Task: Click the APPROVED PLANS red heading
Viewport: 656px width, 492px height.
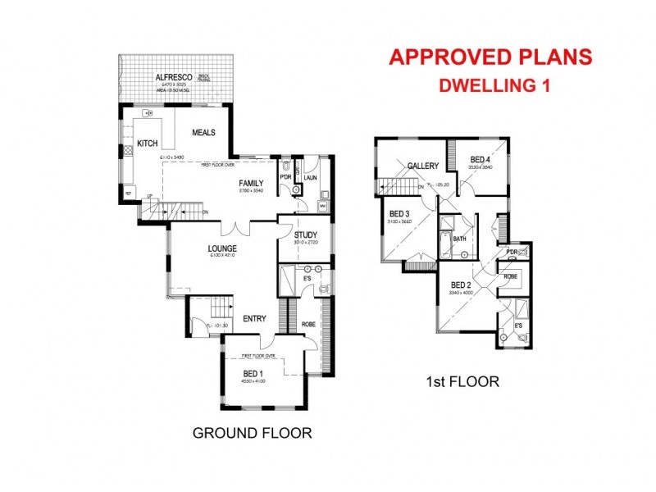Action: coord(490,57)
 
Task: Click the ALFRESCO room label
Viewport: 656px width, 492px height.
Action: coord(173,79)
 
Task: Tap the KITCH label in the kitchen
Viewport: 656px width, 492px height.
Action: coord(147,143)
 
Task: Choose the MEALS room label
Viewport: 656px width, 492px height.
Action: coord(203,132)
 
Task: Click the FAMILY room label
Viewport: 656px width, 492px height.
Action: coord(251,183)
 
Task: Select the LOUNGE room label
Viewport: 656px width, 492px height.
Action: coord(222,248)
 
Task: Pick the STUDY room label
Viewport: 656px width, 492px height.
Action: coord(306,236)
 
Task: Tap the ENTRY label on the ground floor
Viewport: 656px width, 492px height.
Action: coord(253,319)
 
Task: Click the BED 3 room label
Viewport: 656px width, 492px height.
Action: coord(400,215)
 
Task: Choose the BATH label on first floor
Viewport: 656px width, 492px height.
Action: coord(460,239)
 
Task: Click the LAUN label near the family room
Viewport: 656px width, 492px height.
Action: coord(310,176)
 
